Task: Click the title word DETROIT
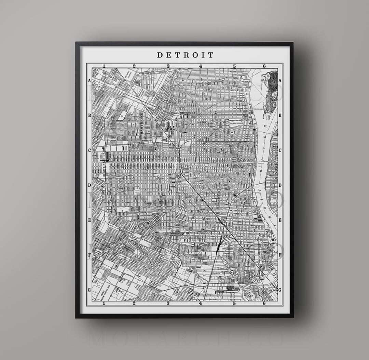185,55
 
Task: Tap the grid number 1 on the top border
104,66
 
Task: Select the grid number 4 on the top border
201,66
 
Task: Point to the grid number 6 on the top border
264,66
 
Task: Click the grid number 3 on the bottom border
168,303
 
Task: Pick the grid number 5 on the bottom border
234,303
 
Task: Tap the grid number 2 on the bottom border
134,303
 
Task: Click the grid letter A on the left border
90,81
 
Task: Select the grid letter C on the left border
90,150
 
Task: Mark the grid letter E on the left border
90,220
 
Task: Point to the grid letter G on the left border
90,290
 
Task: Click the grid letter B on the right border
280,116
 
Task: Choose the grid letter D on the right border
280,185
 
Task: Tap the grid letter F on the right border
280,255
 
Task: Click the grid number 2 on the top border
134,66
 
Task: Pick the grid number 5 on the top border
234,66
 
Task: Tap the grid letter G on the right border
280,290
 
